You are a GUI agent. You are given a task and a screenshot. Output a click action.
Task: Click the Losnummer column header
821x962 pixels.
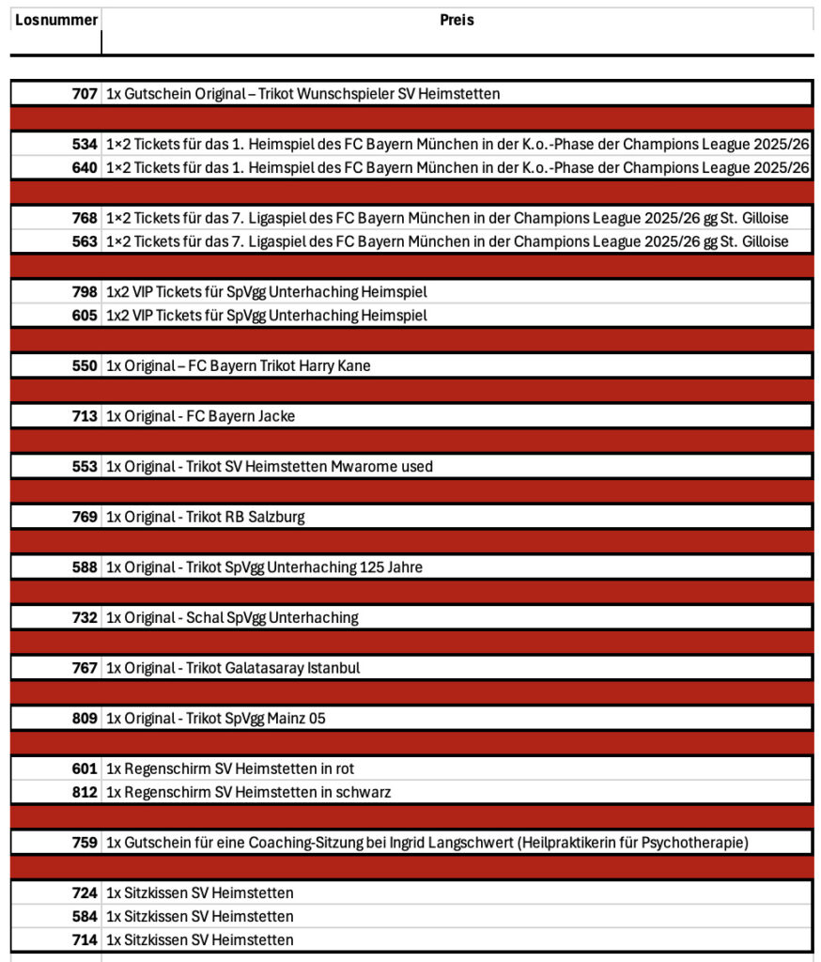click(56, 20)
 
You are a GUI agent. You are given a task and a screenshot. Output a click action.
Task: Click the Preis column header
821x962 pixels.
click(457, 20)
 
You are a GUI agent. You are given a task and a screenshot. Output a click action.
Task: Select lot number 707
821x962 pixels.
click(85, 94)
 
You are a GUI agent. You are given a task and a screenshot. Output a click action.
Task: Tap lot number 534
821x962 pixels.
click(85, 145)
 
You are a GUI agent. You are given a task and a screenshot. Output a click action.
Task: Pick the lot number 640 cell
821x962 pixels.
click(85, 168)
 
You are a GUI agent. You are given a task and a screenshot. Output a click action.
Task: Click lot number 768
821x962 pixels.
click(85, 218)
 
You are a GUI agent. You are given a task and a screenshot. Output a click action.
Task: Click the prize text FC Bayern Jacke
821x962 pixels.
click(237, 416)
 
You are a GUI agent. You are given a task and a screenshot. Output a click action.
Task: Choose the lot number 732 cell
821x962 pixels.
click(85, 617)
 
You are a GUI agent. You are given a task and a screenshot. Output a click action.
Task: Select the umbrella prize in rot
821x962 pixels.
click(230, 768)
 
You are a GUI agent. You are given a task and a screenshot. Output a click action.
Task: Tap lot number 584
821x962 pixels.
click(85, 916)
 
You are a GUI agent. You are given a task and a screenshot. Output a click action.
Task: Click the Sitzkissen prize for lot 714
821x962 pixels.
click(199, 939)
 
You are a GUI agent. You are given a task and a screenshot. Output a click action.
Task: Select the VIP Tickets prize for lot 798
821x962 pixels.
click(266, 292)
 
